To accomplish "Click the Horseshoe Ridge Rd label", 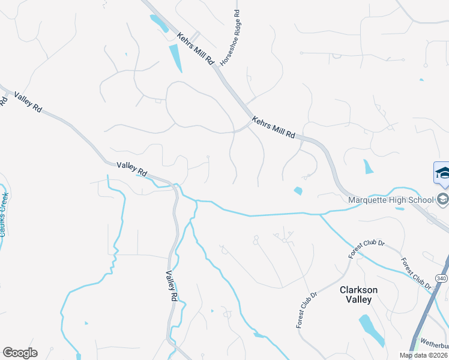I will pyautogui.click(x=230, y=37).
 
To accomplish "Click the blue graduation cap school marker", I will pyautogui.click(x=442, y=173).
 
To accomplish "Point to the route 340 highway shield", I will pyautogui.click(x=441, y=279).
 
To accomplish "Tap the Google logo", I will pyautogui.click(x=20, y=353).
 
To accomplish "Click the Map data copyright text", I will pyautogui.click(x=424, y=355).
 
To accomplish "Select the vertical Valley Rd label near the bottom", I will pyautogui.click(x=172, y=286).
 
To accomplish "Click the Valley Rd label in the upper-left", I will pyautogui.click(x=29, y=100).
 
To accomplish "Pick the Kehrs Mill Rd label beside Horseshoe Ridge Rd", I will pyautogui.click(x=196, y=49).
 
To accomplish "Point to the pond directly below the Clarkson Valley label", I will pyautogui.click(x=372, y=331).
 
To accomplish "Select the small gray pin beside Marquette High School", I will pyautogui.click(x=444, y=199).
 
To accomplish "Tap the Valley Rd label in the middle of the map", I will pyautogui.click(x=132, y=169).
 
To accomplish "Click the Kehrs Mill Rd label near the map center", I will pyautogui.click(x=274, y=127).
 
